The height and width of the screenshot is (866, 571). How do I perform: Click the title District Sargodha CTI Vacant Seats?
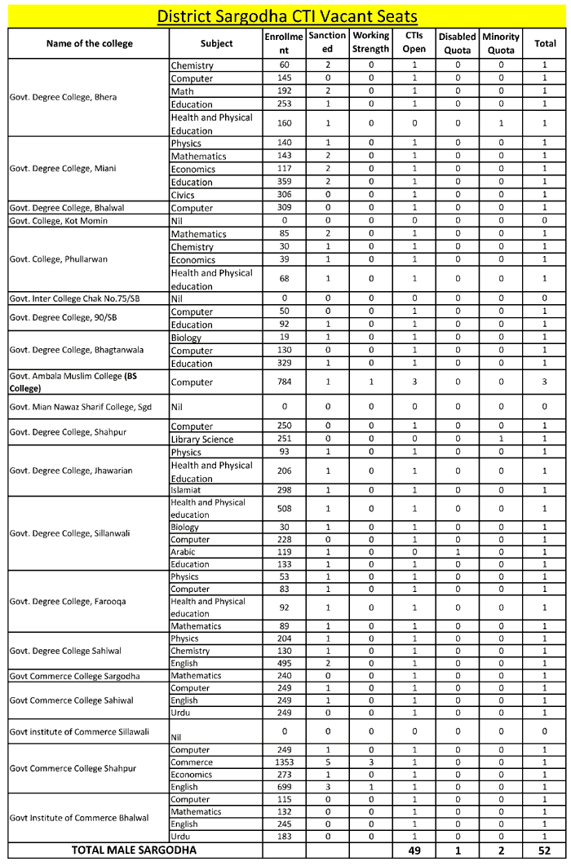286,15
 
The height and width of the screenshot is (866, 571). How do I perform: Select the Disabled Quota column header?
457,42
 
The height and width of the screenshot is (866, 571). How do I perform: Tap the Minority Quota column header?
501,42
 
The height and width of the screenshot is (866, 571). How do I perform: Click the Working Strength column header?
370,42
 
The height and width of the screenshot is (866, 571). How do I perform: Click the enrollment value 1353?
284,762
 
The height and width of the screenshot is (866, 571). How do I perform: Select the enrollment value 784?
284,382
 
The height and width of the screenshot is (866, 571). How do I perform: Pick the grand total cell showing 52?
545,851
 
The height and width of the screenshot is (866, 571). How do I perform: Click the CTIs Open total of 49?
414,851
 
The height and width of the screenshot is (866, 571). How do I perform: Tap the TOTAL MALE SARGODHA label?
134,851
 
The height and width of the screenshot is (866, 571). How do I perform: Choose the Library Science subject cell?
202,440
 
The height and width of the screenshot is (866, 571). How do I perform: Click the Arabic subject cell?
184,552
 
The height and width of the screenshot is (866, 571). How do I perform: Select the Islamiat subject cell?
188,490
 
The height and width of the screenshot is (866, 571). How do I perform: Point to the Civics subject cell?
184,195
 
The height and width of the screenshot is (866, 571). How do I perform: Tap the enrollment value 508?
284,509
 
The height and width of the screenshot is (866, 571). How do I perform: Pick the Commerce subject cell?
192,762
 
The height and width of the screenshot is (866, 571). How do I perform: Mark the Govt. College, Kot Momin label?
59,221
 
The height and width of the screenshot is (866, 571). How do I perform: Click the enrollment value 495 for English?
284,663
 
